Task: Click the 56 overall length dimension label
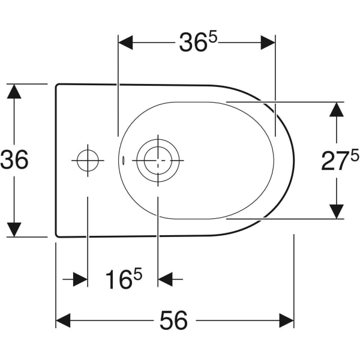173,320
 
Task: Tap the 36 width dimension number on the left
14,159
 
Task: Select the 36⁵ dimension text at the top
198,42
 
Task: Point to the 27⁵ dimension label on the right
340,160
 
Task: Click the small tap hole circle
88,160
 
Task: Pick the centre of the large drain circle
158,160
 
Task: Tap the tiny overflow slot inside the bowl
123,160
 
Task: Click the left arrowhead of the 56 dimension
63,320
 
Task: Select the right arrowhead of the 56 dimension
287,320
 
